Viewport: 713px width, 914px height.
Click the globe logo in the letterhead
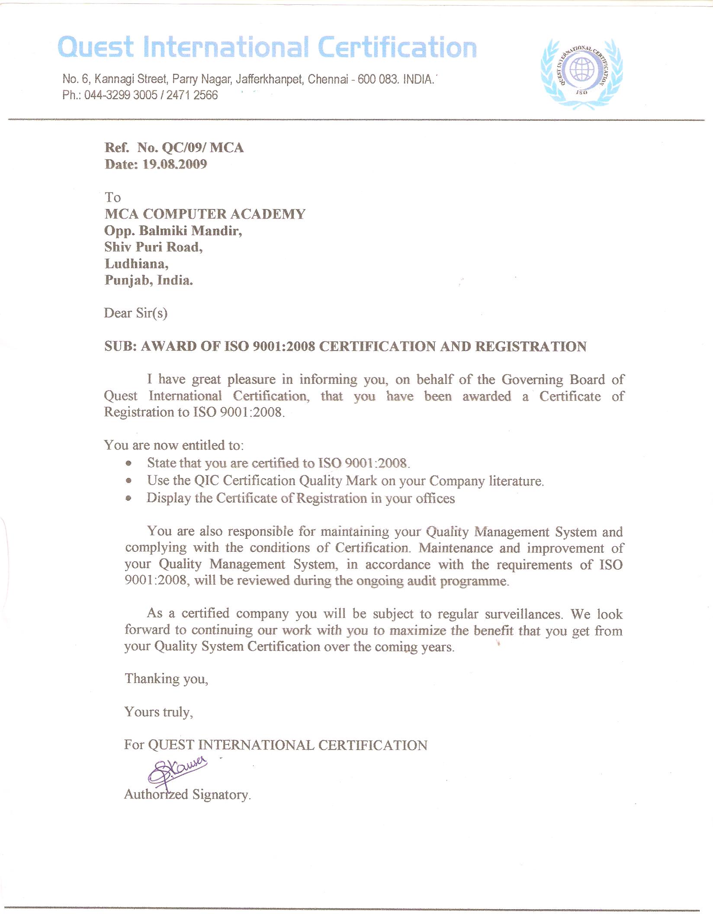point(581,71)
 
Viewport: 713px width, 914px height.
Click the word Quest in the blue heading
point(96,48)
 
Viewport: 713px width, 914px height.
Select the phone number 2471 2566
point(192,95)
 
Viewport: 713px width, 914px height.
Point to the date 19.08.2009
point(175,164)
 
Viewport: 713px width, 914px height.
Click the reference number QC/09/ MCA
point(202,148)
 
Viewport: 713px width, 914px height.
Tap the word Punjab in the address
point(126,280)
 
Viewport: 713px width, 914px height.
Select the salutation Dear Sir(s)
point(135,313)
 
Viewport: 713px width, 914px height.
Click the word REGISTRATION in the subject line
point(531,347)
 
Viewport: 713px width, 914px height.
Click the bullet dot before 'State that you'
point(128,463)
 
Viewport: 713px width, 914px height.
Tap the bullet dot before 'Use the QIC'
point(128,481)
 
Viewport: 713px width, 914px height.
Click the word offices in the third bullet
point(435,499)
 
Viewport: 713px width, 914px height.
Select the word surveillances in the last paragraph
point(523,614)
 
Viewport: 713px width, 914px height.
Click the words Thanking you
point(166,679)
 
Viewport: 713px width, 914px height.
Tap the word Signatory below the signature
point(222,795)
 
